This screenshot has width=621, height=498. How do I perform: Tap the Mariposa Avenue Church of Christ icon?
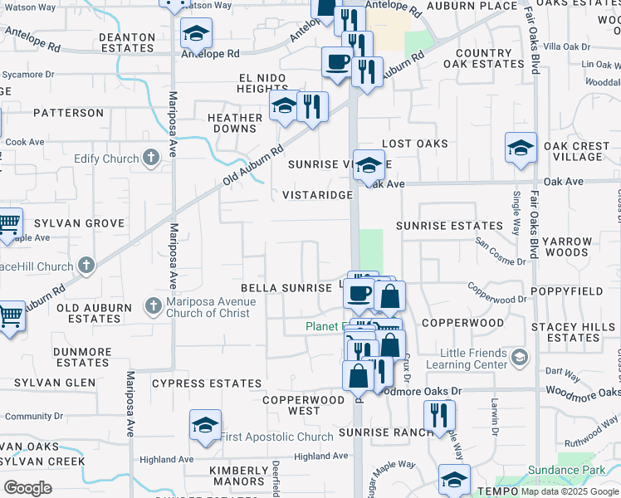(x=153, y=306)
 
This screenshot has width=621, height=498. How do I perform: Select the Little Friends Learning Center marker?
(x=520, y=357)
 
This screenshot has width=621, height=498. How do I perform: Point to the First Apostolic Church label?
(x=276, y=437)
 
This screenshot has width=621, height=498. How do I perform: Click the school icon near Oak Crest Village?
(x=521, y=149)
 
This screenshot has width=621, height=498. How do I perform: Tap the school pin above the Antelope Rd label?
(x=196, y=33)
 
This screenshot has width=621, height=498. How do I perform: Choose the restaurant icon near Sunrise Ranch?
(x=439, y=414)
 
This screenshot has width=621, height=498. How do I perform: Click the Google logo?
(x=28, y=487)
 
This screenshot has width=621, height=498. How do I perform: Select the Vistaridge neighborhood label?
(x=318, y=195)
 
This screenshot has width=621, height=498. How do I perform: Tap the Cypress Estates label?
(x=207, y=383)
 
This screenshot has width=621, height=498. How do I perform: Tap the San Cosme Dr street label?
(x=501, y=251)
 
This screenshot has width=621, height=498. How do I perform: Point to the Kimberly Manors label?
(x=237, y=476)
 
